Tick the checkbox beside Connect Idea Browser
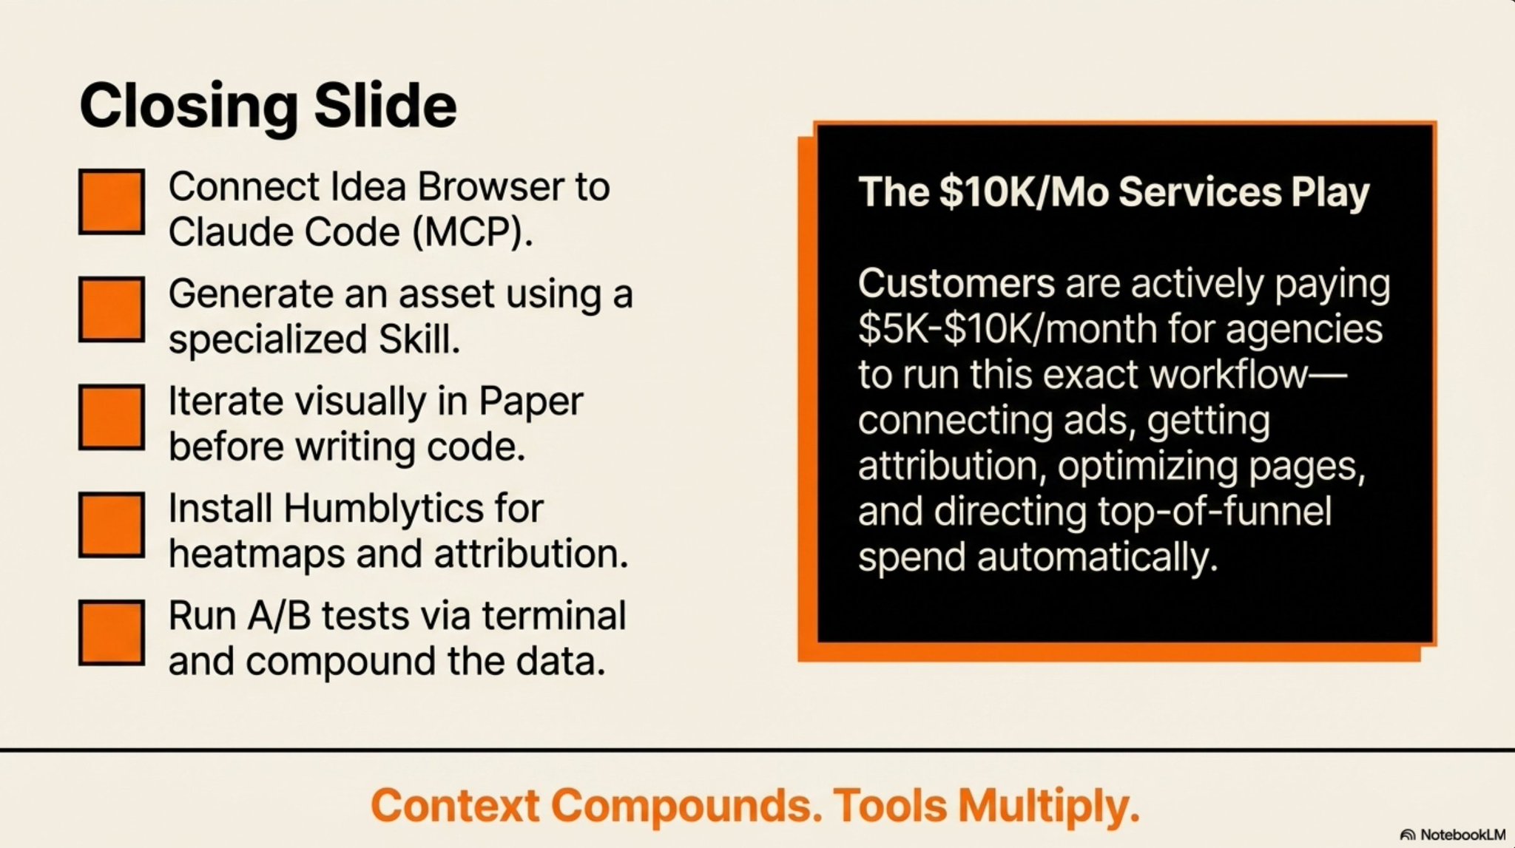click(x=112, y=202)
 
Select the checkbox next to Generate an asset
click(x=112, y=309)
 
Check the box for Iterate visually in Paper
click(x=112, y=417)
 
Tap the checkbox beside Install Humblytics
click(x=112, y=525)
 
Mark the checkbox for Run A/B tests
click(x=112, y=633)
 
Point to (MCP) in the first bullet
click(x=471, y=233)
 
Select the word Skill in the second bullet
click(x=419, y=339)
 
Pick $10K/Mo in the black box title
click(x=1024, y=192)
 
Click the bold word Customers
click(x=956, y=283)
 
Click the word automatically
click(x=1097, y=558)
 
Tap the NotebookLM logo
click(x=1454, y=835)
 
